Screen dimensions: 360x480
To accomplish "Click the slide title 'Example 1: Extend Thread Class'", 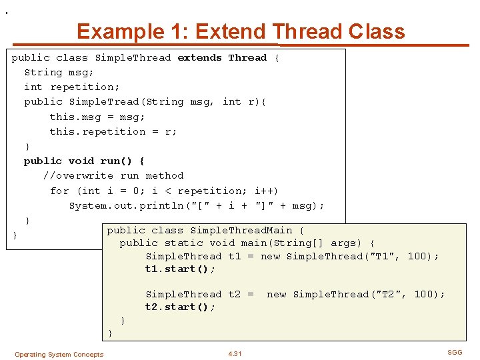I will (x=241, y=31).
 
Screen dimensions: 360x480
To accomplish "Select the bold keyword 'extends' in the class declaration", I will (x=199, y=58).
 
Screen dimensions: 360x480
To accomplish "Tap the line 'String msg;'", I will (x=59, y=73).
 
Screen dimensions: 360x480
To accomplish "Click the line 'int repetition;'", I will (x=72, y=87).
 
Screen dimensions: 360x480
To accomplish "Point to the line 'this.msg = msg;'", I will (x=97, y=117).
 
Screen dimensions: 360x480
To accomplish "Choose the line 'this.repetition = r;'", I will (x=113, y=131).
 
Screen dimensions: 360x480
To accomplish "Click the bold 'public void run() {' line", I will (x=84, y=161).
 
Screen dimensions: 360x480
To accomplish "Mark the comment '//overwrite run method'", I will (x=113, y=176).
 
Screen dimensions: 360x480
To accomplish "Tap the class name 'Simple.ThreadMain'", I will (x=241, y=230).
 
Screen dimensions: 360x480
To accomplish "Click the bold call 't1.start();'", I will (x=180, y=269).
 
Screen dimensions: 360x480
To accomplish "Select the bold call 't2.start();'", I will (x=180, y=307).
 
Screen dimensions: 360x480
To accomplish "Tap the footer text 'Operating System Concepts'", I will (x=59, y=355).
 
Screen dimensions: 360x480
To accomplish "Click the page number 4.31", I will (x=235, y=354).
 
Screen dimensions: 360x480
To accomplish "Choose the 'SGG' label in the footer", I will (x=454, y=351).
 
